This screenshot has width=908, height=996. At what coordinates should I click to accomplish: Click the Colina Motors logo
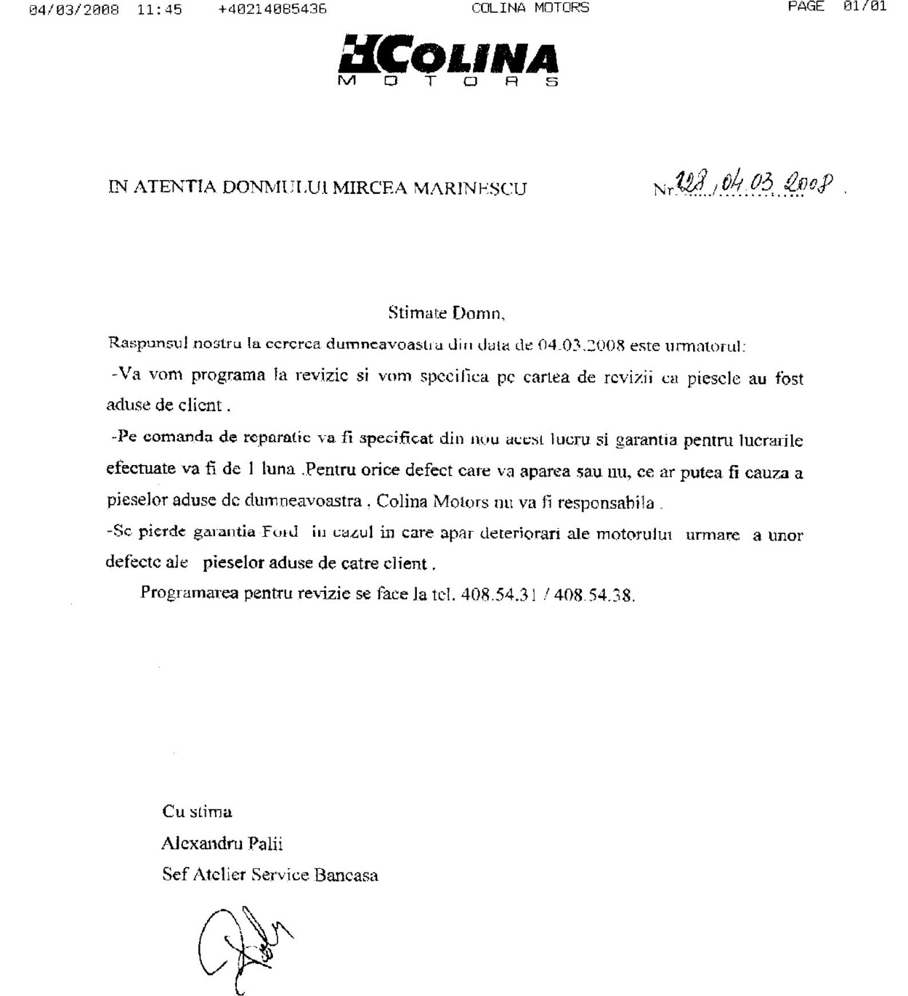point(448,60)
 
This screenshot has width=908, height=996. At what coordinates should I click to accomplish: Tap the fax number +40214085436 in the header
point(272,9)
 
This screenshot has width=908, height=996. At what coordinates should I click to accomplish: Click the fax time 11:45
point(159,9)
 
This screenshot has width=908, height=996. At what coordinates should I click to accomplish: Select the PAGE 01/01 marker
point(837,7)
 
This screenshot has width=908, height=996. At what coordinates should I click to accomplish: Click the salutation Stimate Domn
point(446,314)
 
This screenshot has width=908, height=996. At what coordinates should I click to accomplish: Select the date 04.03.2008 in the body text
point(581,345)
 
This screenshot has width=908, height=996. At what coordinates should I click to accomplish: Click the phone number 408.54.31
point(498,595)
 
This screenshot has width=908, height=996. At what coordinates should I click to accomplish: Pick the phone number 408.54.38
point(594,596)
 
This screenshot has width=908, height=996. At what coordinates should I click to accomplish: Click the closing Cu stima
point(197,811)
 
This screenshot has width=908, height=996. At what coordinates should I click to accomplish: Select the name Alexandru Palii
point(222,843)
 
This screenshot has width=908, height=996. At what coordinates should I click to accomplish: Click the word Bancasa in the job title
point(346,875)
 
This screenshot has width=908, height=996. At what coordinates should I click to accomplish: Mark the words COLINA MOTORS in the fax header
point(530,8)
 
